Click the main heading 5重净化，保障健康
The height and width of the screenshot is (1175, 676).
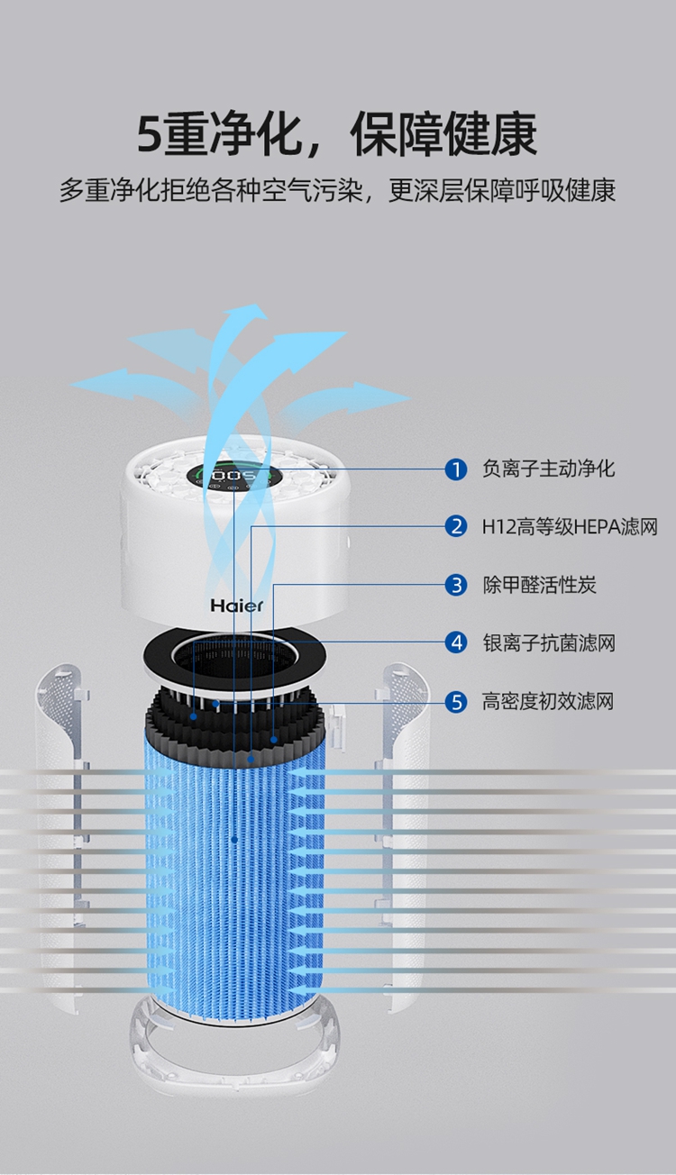[x=337, y=135]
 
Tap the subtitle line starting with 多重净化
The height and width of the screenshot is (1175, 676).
[x=337, y=191]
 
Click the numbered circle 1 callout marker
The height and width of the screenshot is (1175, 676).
[x=457, y=469]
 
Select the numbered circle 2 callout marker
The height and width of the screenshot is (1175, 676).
[x=457, y=526]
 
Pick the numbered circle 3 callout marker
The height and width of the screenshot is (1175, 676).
[x=457, y=585]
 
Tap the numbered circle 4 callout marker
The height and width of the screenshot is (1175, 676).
[x=457, y=642]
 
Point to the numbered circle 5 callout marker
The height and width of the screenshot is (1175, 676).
[x=457, y=701]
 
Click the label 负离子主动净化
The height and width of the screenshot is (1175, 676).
[x=549, y=469]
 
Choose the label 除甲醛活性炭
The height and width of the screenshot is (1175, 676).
[x=539, y=585]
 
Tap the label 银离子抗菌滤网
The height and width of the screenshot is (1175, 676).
[x=549, y=642]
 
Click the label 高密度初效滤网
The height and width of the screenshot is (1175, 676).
[x=549, y=701]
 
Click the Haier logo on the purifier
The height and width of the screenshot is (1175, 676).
[x=237, y=605]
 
